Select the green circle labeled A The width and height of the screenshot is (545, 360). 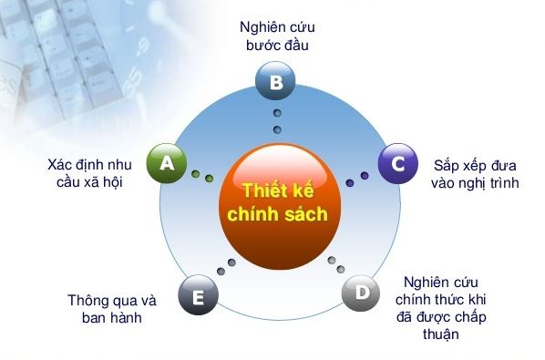pyautogui.click(x=167, y=163)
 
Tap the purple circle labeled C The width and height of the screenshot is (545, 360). pyautogui.click(x=396, y=163)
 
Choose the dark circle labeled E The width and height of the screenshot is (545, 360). pyautogui.click(x=199, y=294)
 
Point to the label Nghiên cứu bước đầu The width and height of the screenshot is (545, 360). pyautogui.click(x=276, y=36)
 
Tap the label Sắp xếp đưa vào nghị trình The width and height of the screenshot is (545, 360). pyautogui.click(x=474, y=174)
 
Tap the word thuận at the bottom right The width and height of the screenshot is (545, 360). pyautogui.click(x=439, y=334)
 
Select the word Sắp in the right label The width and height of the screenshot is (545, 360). pyautogui.click(x=448, y=166)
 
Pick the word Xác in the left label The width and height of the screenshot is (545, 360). pyautogui.click(x=60, y=165)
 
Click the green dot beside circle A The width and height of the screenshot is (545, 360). pyautogui.click(x=196, y=170)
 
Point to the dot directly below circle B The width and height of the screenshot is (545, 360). pyautogui.click(x=277, y=113)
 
